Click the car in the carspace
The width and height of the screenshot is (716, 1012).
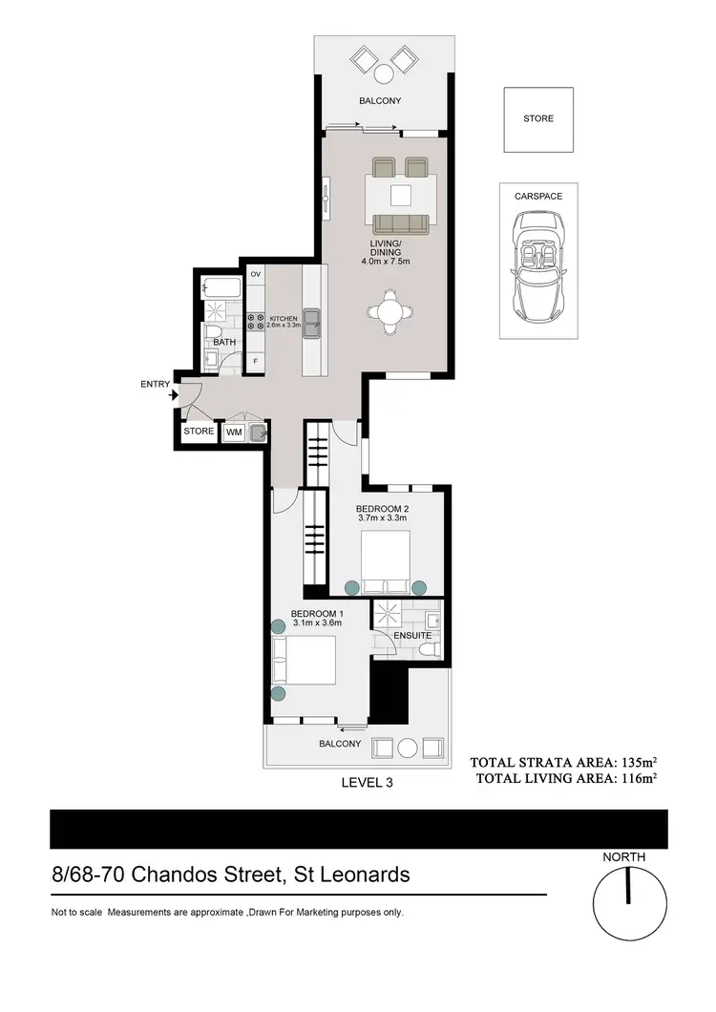tap(537, 267)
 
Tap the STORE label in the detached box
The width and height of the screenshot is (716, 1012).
tap(537, 119)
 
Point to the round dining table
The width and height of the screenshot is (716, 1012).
tap(391, 312)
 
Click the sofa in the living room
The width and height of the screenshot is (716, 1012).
tap(400, 224)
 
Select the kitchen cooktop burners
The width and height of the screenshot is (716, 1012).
tap(255, 322)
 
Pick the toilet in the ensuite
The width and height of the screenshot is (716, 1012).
tap(432, 650)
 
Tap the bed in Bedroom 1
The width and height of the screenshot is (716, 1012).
tap(305, 662)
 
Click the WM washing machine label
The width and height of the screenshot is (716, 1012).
tap(234, 432)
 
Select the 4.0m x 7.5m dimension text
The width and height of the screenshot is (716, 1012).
tap(385, 261)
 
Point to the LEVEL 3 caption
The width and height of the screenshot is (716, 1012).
tap(368, 781)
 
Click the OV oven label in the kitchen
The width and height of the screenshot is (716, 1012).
tap(255, 275)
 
